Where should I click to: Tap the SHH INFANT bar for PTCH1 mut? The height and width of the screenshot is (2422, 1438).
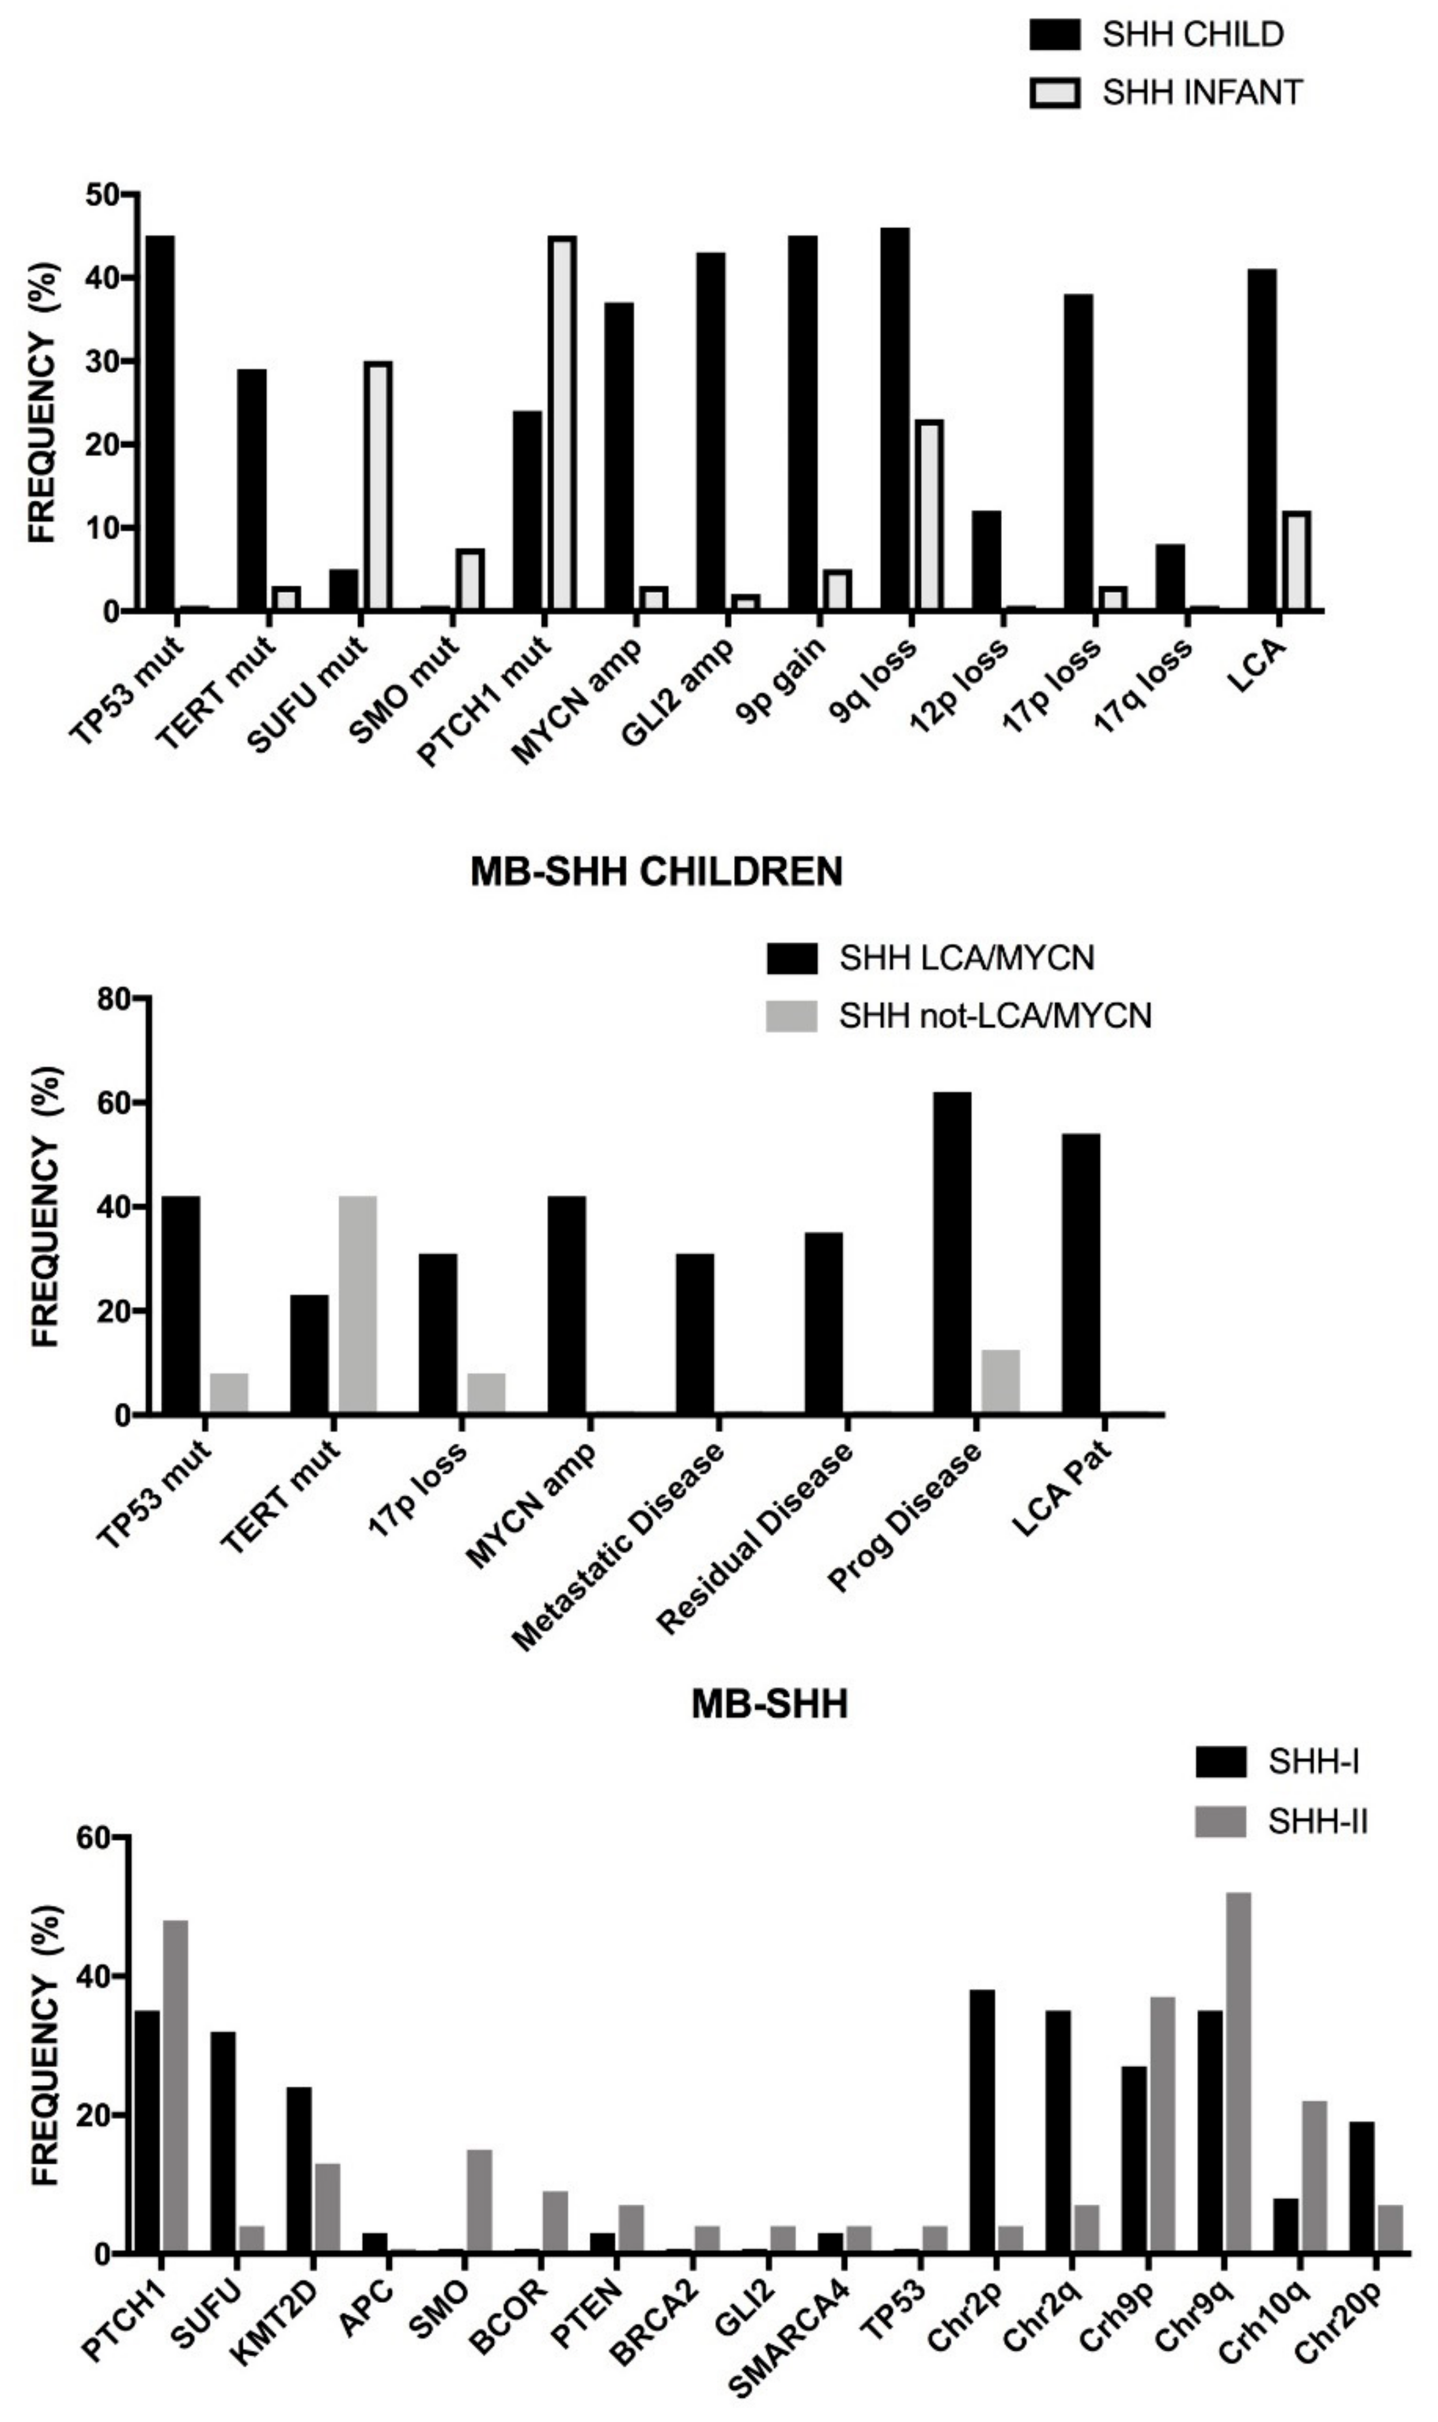click(x=562, y=423)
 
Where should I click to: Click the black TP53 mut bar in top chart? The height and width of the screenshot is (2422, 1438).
click(x=160, y=423)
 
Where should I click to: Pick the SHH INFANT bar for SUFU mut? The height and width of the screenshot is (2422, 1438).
click(x=378, y=486)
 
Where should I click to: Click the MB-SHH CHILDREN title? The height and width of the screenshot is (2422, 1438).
click(x=656, y=872)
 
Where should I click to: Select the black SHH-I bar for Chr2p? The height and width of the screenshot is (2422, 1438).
click(x=982, y=2122)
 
